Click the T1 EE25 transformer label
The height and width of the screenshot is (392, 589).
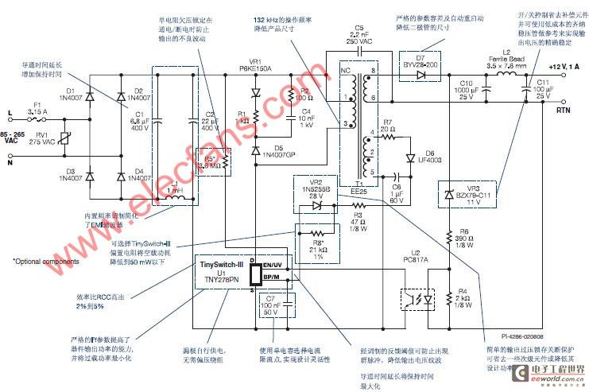coord(358,187)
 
